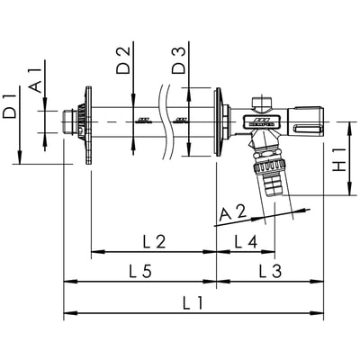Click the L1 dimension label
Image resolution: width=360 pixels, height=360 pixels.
pyautogui.click(x=193, y=302)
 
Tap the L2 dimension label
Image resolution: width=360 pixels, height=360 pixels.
pyautogui.click(x=154, y=242)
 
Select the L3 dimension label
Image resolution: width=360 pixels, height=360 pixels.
pyautogui.click(x=270, y=271)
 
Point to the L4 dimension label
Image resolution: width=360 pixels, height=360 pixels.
pyautogui.click(x=246, y=242)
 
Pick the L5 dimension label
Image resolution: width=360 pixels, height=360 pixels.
pyautogui.click(x=140, y=271)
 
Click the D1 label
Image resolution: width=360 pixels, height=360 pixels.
pyautogui.click(x=10, y=106)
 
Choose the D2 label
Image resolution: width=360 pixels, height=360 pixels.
pyautogui.click(x=123, y=60)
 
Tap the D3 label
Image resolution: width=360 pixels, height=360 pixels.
pyautogui.click(x=179, y=60)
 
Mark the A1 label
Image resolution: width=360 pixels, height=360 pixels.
pyautogui.click(x=35, y=81)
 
